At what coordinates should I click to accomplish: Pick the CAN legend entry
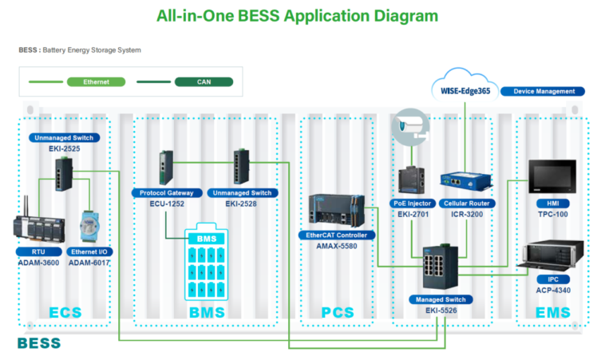[x=204, y=81]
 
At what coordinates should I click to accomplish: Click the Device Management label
[x=543, y=92]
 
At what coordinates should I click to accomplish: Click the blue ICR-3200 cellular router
[x=468, y=183]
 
